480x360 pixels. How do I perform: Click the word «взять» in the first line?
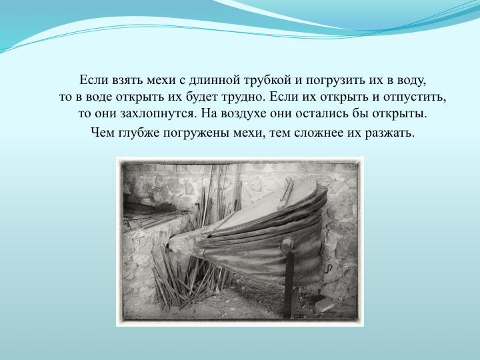(124, 80)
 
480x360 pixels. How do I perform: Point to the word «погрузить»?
(335, 81)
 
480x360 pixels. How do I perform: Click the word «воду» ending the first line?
(411, 81)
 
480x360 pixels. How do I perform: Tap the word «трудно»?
(243, 97)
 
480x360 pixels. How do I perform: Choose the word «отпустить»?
(415, 98)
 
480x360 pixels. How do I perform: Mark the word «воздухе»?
(244, 114)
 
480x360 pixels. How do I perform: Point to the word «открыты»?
(399, 114)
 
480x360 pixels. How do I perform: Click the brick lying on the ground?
(325, 305)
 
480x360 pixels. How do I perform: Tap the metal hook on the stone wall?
(328, 268)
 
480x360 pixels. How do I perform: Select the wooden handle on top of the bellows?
(285, 193)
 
